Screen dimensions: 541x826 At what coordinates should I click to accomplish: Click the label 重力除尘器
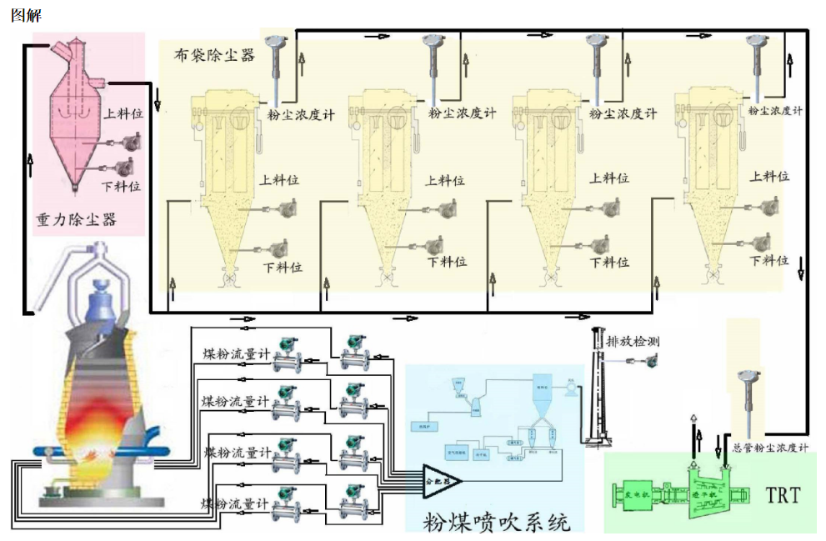point(75,218)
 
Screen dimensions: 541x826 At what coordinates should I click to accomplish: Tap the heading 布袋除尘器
point(213,55)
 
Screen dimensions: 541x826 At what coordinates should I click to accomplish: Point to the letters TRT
point(782,495)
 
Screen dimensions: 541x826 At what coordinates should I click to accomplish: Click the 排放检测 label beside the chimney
point(633,342)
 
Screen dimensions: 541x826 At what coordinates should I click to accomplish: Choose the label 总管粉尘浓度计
point(770,448)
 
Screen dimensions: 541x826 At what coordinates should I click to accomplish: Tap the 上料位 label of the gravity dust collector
point(123,110)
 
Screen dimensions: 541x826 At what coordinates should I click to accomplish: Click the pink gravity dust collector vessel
point(74,125)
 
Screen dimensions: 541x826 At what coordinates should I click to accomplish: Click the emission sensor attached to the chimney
point(644,359)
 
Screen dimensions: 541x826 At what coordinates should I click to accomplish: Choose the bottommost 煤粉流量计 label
point(234,503)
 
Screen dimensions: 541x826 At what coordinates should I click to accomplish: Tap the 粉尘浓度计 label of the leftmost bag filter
point(301,115)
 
